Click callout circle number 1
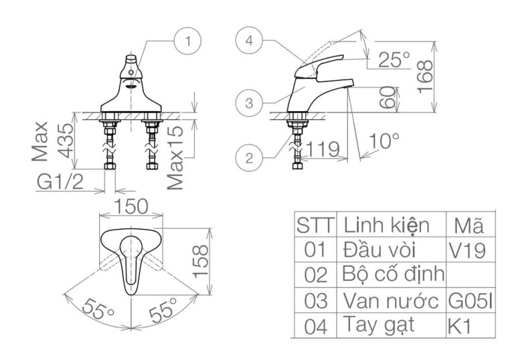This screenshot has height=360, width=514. tap(188, 41)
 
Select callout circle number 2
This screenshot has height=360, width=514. tap(249, 158)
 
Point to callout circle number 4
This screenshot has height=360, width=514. tap(249, 41)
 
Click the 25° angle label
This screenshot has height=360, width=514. tap(394, 60)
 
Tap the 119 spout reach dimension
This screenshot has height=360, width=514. tap(323, 151)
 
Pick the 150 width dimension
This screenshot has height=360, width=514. tap(131, 207)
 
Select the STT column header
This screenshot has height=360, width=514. tap(315, 224)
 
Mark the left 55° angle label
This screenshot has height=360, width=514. tap(96, 309)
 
